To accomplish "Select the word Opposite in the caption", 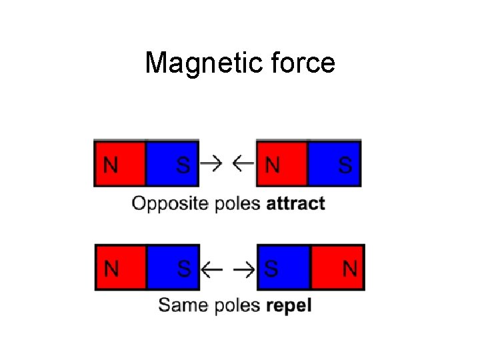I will pyautogui.click(x=170, y=203).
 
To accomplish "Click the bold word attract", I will pyautogui.click(x=295, y=203).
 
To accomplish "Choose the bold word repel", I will pyautogui.click(x=289, y=306).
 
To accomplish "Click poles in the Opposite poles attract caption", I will pyautogui.click(x=237, y=203).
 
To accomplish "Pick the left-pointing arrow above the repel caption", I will pyautogui.click(x=211, y=269).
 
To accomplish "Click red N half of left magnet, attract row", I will pyautogui.click(x=120, y=163).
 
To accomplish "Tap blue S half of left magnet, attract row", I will pyautogui.click(x=172, y=163).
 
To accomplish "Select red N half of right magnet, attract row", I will pyautogui.click(x=282, y=163).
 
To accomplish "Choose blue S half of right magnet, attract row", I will pyautogui.click(x=334, y=163).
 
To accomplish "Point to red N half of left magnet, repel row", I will pyautogui.click(x=121, y=268).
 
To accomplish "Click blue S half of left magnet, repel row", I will pyautogui.click(x=172, y=268).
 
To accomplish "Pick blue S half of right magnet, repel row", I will pyautogui.click(x=284, y=268).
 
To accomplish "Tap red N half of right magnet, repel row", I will pyautogui.click(x=337, y=268).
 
